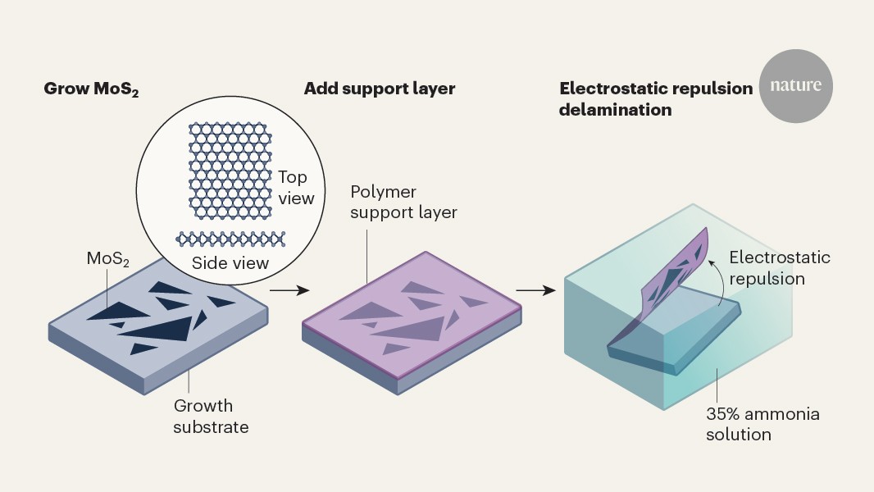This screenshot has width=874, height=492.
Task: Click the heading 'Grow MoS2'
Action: point(91,89)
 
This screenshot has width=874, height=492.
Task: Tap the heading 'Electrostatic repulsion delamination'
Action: point(655,98)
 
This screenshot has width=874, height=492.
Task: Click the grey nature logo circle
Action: point(795,85)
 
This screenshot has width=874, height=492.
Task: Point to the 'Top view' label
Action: point(295,188)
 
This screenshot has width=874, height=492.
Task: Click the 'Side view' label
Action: point(230,263)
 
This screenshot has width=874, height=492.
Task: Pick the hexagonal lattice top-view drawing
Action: point(229,171)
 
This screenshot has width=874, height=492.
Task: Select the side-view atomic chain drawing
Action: point(230,239)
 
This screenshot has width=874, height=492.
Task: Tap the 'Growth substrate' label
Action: point(211,416)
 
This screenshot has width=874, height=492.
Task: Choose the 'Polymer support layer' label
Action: point(403,202)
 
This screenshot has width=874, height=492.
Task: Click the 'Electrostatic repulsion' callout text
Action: point(779,268)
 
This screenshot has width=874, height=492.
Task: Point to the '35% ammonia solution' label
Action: point(762,424)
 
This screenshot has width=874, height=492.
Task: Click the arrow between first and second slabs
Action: point(289,290)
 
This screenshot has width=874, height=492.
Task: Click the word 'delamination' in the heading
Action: point(615,109)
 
